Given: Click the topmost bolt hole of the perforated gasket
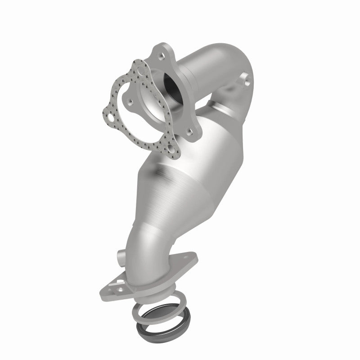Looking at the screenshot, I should tap(140, 71).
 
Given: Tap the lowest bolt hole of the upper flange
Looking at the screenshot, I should tap(191, 131).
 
